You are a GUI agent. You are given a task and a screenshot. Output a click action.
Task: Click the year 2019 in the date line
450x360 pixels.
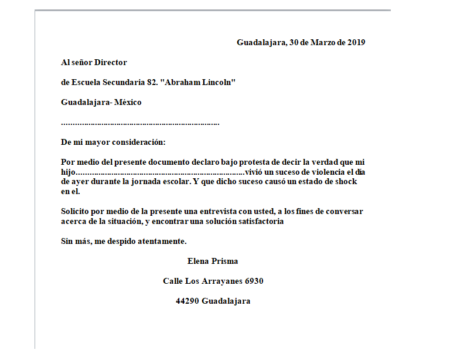coord(356,42)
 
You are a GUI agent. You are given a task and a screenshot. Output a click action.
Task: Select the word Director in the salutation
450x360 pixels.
coord(111,62)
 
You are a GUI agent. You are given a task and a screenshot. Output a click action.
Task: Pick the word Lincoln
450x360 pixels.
coord(219,83)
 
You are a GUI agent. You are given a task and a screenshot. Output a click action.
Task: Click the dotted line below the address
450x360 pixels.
coord(140,123)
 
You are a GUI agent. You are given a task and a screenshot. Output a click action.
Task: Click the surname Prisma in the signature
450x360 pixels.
coord(224,261)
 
